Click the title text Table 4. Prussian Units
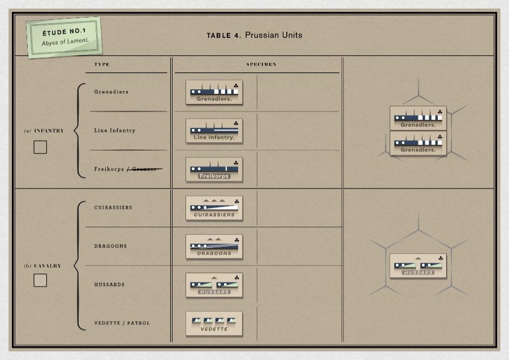254,35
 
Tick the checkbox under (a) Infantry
40,147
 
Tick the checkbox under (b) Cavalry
40,280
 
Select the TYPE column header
102,64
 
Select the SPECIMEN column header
261,64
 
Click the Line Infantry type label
115,131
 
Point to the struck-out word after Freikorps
146,169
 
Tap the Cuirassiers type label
113,207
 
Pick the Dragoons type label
110,246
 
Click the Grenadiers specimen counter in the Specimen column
214,92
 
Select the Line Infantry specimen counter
214,131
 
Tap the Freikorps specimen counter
214,169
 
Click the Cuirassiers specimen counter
214,208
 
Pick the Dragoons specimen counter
214,246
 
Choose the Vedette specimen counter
214,323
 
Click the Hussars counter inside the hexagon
418,266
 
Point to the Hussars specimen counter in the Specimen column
214,285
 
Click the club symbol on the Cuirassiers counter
236,201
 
